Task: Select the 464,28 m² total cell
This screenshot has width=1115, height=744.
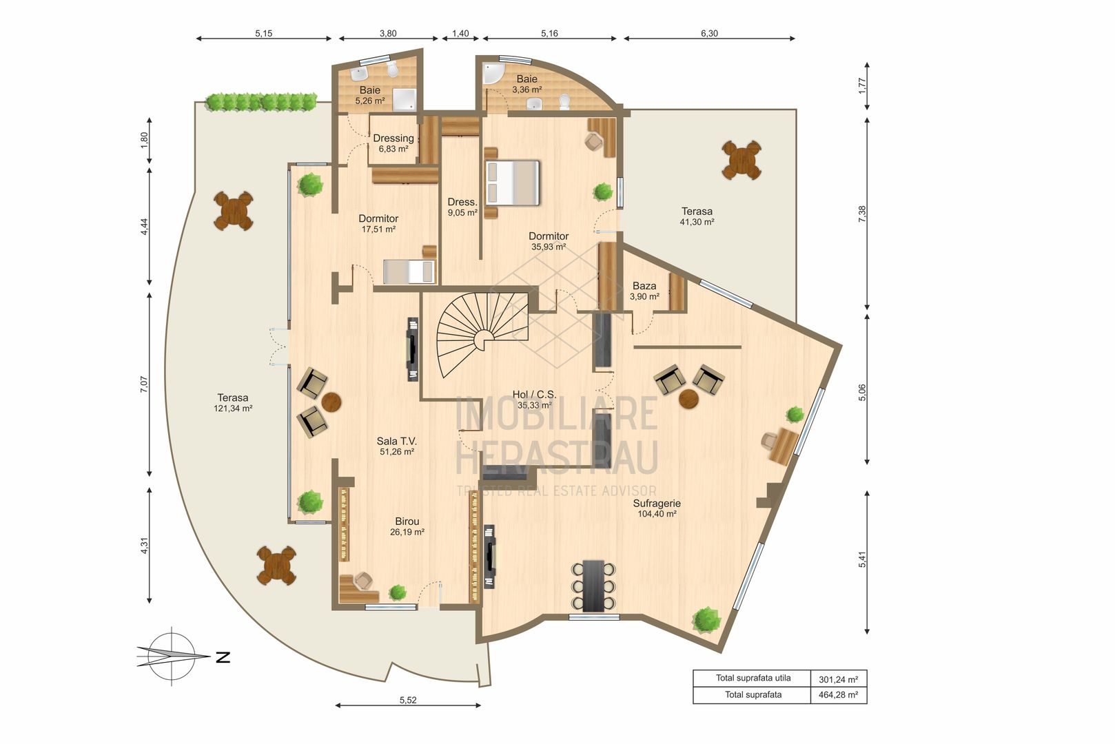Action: [837, 695]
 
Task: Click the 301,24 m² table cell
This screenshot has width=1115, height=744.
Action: [837, 679]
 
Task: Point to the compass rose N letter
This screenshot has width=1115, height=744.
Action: [223, 657]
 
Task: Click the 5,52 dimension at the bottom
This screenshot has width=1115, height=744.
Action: [408, 700]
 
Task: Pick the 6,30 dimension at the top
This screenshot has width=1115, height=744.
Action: [709, 33]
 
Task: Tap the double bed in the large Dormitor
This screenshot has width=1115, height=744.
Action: [513, 183]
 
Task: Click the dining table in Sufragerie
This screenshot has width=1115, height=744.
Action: [593, 585]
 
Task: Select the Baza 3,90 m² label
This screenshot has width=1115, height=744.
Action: [644, 291]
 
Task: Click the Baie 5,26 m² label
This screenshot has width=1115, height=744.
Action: [369, 95]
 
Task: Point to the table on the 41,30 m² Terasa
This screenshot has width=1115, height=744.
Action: [741, 160]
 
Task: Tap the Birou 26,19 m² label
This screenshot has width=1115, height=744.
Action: [407, 526]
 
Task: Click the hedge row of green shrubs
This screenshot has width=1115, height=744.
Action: [261, 102]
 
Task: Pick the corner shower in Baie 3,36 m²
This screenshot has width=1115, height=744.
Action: [493, 74]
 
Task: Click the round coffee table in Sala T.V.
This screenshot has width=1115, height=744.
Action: [331, 402]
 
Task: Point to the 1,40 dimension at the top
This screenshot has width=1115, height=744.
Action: [460, 33]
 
